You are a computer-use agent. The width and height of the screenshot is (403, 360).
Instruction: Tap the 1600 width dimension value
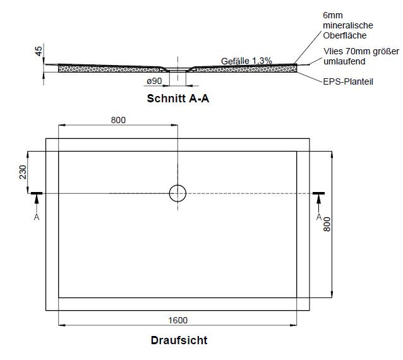pos(178,320)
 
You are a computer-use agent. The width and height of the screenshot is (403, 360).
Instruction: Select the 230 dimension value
pos(23,172)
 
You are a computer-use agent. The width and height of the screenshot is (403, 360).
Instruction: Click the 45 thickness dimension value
pos(39,51)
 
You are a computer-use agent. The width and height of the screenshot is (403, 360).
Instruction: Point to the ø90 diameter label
pos(154,81)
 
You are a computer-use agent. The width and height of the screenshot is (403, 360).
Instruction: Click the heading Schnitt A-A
pos(178,99)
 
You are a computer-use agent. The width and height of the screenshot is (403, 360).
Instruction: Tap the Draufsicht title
pos(179,340)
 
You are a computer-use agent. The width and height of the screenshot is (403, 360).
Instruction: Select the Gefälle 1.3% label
pos(246,61)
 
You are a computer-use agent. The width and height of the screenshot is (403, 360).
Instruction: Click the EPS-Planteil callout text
pos(348,81)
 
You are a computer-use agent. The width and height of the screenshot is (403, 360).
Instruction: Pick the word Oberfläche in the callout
pos(345,35)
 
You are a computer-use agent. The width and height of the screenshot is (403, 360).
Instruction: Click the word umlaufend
pos(344,61)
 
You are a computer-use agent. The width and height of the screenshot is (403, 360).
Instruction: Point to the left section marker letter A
pos(37,217)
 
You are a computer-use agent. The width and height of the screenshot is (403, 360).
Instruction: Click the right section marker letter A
pos(319,217)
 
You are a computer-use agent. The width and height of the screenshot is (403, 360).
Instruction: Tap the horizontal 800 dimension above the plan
pos(118,120)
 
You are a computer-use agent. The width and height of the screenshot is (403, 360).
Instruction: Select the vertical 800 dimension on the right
pos(327,224)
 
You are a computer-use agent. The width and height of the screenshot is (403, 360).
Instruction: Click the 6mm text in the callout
pos(333,15)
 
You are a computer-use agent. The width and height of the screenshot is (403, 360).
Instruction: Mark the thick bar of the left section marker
pos(37,193)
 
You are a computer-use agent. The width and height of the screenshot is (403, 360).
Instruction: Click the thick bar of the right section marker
pos(319,193)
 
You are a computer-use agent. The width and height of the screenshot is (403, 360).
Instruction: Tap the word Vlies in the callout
pos(333,51)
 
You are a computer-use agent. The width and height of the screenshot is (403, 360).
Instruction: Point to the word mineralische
pos(348,25)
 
